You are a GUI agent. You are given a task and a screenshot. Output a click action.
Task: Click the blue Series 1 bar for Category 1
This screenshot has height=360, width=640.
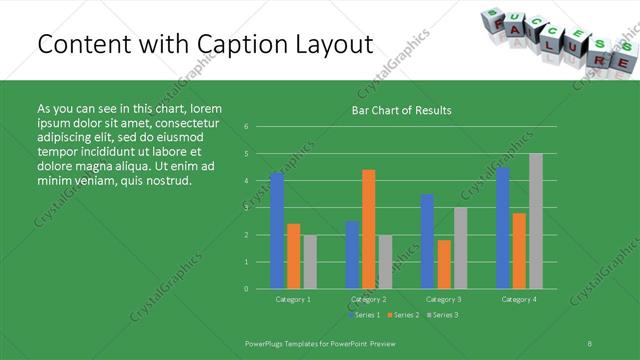coord(277,231)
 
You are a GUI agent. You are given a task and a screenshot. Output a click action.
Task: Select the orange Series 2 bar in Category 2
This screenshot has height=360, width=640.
coord(368,229)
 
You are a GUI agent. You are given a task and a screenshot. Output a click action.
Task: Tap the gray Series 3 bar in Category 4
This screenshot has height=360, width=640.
coord(536,221)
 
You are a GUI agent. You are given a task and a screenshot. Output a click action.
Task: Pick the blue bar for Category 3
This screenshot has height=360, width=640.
coord(427,241)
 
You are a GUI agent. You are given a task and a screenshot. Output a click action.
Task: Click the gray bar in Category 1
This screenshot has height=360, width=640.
coord(310,262)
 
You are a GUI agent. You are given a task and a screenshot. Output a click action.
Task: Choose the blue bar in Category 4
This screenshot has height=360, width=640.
coord(502,228)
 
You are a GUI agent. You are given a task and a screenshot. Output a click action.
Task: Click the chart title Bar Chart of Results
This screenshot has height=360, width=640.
coord(401,110)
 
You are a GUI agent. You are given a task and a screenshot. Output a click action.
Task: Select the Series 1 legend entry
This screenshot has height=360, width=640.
coord(364,315)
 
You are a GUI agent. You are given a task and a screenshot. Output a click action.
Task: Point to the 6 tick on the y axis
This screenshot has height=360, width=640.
coord(246,127)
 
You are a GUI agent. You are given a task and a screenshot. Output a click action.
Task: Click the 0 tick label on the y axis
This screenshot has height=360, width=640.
coord(246,288)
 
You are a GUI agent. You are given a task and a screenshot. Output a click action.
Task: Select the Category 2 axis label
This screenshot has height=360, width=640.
coord(369,299)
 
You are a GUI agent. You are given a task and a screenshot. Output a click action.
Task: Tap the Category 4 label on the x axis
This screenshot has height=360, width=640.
coord(518,299)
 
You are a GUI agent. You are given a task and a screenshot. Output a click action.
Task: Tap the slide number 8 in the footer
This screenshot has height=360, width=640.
coord(590,342)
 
